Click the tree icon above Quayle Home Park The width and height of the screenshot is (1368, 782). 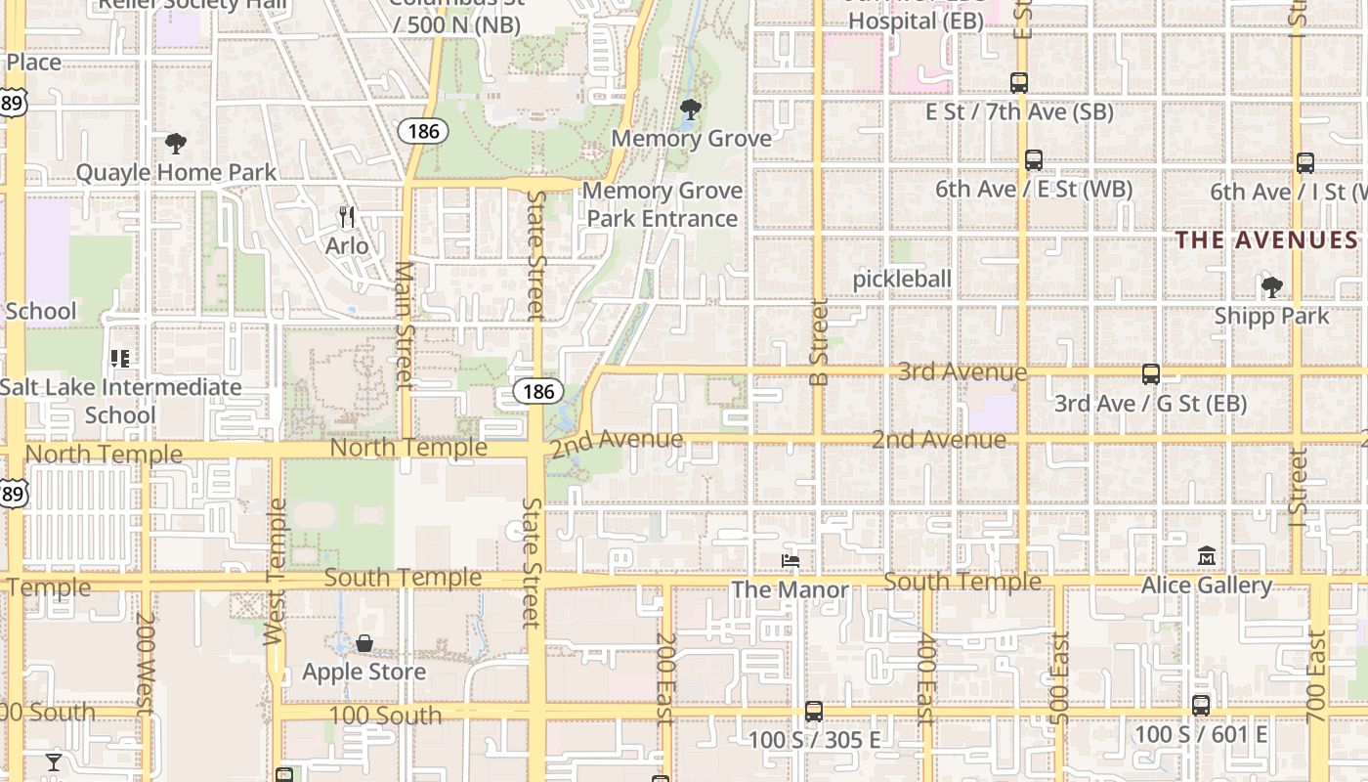point(176,145)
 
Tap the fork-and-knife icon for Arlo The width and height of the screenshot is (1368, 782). point(347,216)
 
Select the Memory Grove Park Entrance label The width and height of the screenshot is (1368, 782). point(663,204)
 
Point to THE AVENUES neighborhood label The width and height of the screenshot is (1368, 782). point(1266,239)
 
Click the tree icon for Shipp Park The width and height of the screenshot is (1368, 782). point(1271,287)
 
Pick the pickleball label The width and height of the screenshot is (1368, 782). point(902,279)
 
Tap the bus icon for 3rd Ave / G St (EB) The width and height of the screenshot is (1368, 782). point(1151,373)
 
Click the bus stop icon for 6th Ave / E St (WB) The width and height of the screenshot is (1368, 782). point(1034,160)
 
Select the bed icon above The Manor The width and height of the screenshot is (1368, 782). point(791,561)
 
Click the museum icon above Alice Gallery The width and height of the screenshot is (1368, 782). point(1207,556)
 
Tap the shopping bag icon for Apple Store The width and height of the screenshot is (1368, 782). point(364,643)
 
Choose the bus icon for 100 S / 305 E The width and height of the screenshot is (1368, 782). point(814,711)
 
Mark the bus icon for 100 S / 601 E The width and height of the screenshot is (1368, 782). point(1201,705)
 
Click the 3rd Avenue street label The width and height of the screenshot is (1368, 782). point(962,372)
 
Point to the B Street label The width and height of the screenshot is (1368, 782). point(820,342)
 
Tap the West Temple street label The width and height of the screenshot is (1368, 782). point(276,572)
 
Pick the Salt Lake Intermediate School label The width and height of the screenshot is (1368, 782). point(120,401)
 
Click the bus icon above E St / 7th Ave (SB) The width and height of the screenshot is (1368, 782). point(1019,83)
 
